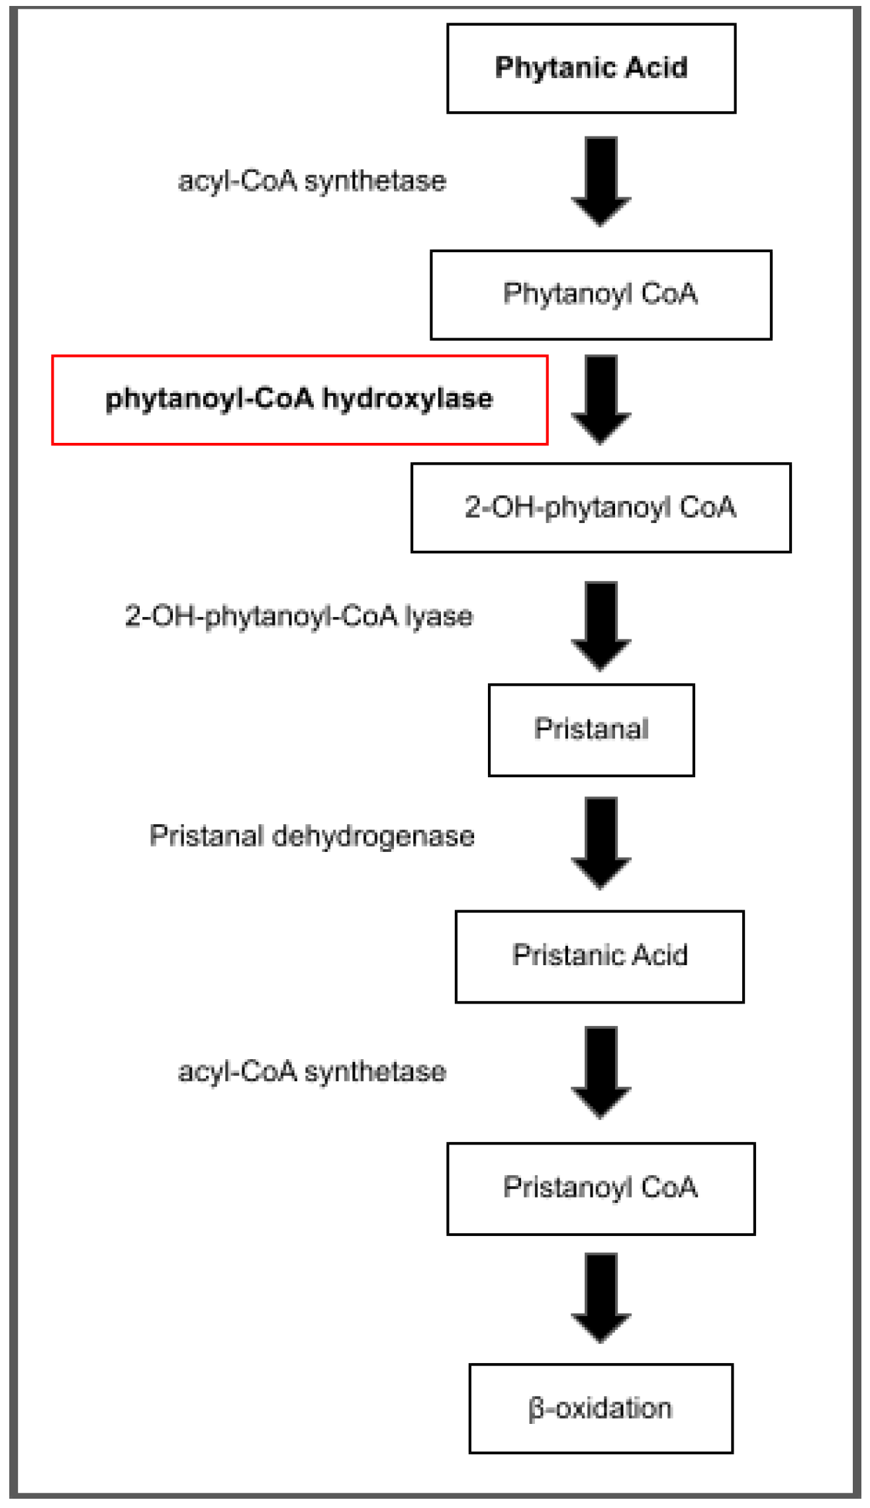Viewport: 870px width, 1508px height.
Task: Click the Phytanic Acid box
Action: tap(591, 68)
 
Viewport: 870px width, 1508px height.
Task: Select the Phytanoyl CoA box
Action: tap(601, 295)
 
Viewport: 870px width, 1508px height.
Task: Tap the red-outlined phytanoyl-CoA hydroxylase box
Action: tap(299, 399)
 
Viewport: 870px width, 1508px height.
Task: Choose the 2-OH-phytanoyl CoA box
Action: tap(601, 508)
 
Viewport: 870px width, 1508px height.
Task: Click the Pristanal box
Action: tap(591, 730)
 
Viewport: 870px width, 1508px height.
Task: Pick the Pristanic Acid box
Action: tap(599, 956)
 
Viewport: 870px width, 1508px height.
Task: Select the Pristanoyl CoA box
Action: tap(601, 1188)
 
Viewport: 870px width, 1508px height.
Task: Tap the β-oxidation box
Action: tap(601, 1408)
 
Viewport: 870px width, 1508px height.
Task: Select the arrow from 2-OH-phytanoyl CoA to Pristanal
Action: tap(601, 625)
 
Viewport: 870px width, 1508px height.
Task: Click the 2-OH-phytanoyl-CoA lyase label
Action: tap(299, 616)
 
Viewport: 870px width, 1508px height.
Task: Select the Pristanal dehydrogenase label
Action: tap(312, 836)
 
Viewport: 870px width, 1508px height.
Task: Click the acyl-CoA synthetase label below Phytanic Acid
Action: tap(312, 181)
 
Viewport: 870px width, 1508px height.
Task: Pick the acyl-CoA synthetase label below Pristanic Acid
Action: tap(312, 1071)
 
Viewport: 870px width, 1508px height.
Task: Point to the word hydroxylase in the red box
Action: tap(407, 399)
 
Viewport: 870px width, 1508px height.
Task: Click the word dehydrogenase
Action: tap(373, 837)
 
